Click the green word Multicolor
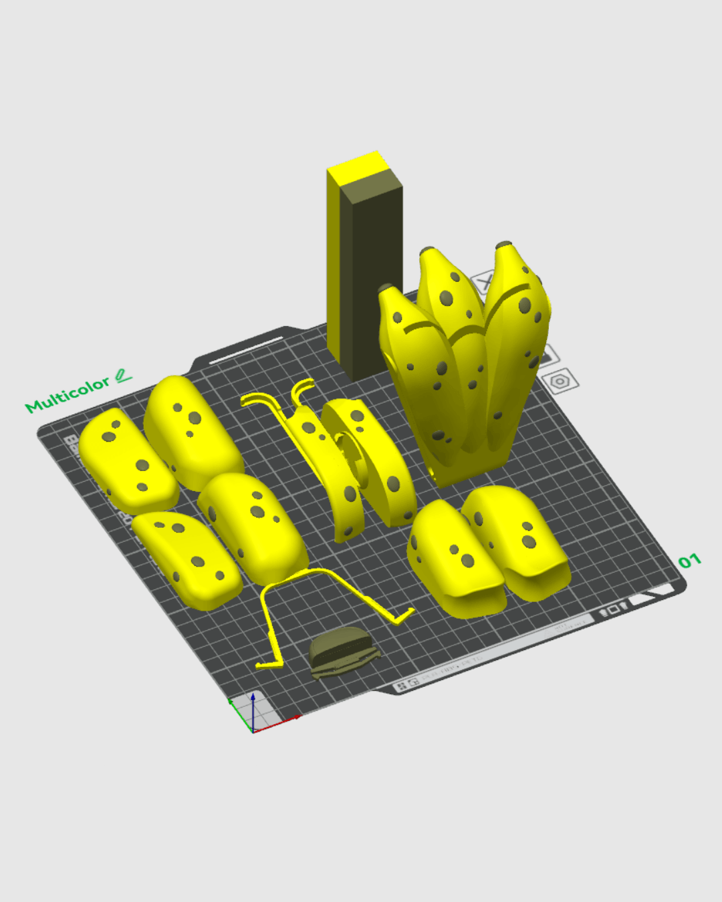(x=67, y=395)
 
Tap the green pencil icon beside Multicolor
(x=123, y=376)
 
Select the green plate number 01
(x=689, y=561)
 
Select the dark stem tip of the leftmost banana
(x=386, y=289)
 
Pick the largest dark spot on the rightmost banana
(x=525, y=306)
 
